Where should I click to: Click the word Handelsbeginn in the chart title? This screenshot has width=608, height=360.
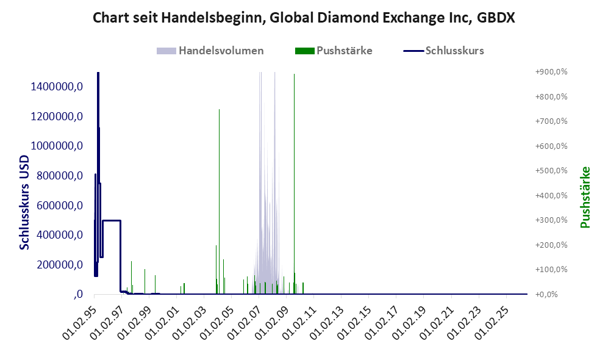pos(212,18)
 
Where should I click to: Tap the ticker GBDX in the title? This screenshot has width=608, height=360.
pos(496,18)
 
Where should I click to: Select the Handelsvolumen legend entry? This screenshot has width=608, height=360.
pos(210,51)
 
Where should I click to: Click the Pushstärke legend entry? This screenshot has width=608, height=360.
pos(334,51)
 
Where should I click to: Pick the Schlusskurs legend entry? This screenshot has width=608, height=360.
pos(443,51)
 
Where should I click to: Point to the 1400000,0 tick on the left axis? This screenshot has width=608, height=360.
pos(57,87)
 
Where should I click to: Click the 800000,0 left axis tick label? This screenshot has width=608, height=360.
pos(60,176)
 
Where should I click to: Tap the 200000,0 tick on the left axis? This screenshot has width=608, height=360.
pos(60,265)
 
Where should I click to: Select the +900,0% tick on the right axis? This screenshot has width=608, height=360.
pos(551,72)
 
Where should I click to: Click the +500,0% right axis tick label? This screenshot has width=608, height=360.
pos(551,171)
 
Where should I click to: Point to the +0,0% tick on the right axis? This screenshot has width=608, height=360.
pos(546,295)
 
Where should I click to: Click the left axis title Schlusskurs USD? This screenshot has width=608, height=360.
pos(24,203)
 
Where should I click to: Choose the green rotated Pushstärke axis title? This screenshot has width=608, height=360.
pos(585,197)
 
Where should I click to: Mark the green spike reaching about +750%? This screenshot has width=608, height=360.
pos(219,202)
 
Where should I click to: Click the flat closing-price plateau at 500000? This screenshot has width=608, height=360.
pos(112,220)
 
